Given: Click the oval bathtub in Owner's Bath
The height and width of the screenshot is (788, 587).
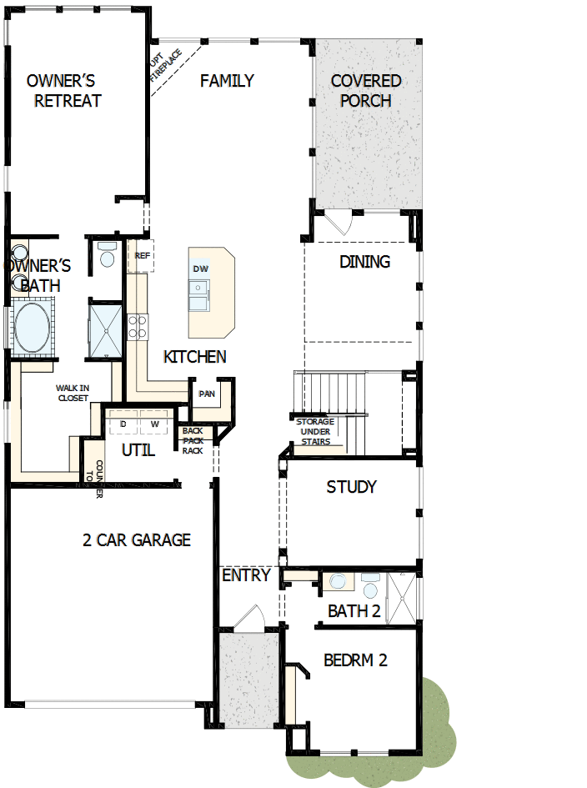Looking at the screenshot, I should pyautogui.click(x=32, y=327).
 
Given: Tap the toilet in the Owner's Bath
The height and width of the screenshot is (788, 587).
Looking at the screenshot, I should pyautogui.click(x=106, y=255).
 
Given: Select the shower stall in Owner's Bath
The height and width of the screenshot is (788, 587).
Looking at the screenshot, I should pyautogui.click(x=107, y=329).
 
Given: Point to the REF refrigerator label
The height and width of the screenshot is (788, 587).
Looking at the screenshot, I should pyautogui.click(x=142, y=256).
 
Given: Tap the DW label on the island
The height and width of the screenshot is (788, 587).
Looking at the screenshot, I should pyautogui.click(x=200, y=269).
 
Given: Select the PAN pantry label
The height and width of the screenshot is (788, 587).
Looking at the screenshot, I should pyautogui.click(x=206, y=394).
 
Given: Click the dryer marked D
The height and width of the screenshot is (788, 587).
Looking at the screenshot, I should pyautogui.click(x=123, y=424).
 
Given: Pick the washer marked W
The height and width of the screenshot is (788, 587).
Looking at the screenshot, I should pyautogui.click(x=154, y=424).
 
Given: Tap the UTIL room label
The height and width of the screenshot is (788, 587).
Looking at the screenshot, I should pyautogui.click(x=138, y=450).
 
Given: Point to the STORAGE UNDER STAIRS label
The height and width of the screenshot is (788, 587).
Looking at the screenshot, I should pyautogui.click(x=315, y=431).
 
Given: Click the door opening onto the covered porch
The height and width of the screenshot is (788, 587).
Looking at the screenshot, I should pyautogui.click(x=338, y=223).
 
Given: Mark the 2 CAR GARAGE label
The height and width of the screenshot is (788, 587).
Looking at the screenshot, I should pyautogui.click(x=137, y=540).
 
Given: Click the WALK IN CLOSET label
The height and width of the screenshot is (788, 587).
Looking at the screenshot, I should pyautogui.click(x=73, y=393).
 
